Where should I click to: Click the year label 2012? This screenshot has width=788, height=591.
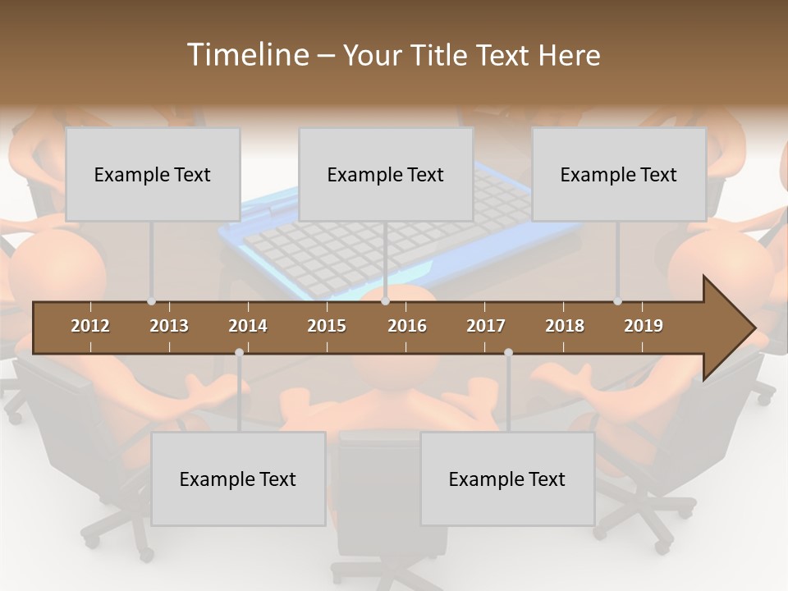pyautogui.click(x=90, y=326)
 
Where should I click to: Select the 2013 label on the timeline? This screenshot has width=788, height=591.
pyautogui.click(x=169, y=326)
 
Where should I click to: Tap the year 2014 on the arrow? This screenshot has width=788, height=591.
pyautogui.click(x=248, y=326)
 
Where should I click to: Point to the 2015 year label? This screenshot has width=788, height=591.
pyautogui.click(x=327, y=326)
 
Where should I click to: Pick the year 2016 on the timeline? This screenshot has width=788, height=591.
pyautogui.click(x=407, y=326)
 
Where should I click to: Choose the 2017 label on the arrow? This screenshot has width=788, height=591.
pyautogui.click(x=486, y=326)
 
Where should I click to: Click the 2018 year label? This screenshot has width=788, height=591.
pyautogui.click(x=565, y=326)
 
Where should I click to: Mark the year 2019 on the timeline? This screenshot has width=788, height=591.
pyautogui.click(x=644, y=326)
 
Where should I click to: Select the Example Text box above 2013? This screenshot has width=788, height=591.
pyautogui.click(x=153, y=174)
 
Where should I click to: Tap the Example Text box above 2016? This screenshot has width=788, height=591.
pyautogui.click(x=386, y=174)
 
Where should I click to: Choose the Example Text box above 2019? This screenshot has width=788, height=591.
pyautogui.click(x=619, y=174)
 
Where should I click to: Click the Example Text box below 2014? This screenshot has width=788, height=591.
pyautogui.click(x=238, y=479)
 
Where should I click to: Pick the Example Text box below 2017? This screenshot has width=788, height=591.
pyautogui.click(x=507, y=479)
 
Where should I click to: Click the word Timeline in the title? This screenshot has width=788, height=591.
pyautogui.click(x=246, y=55)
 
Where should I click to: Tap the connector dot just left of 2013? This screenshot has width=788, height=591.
pyautogui.click(x=152, y=301)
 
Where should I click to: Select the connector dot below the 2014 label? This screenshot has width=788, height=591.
pyautogui.click(x=239, y=352)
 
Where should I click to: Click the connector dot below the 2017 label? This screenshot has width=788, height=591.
pyautogui.click(x=508, y=352)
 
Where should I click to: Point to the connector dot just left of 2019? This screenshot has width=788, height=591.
pyautogui.click(x=617, y=301)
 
